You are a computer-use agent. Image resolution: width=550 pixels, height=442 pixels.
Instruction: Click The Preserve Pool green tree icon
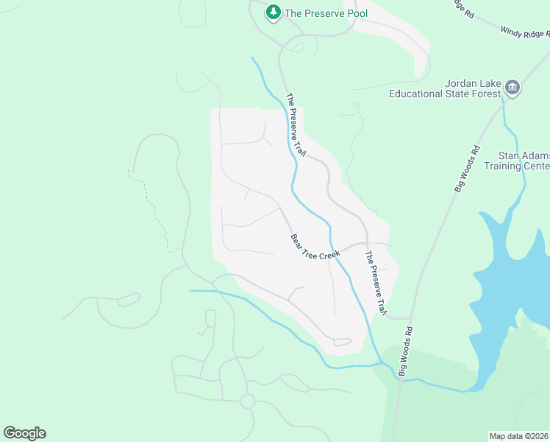[x=274, y=12]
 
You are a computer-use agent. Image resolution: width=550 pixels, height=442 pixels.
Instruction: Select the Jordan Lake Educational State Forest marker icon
[x=512, y=88]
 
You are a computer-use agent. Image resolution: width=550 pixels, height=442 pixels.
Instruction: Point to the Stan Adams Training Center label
[x=524, y=161]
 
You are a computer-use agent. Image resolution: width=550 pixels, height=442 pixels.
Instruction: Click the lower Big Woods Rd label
[x=406, y=352]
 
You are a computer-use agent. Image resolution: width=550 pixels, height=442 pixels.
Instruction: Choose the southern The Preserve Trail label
[x=375, y=284]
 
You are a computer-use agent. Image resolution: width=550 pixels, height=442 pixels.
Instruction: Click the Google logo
[x=24, y=433]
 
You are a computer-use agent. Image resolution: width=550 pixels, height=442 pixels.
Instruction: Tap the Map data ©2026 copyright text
[x=519, y=435]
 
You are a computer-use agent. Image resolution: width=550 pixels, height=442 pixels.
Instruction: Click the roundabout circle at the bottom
[x=247, y=401]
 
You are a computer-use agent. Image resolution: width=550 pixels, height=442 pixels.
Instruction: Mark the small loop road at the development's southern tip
[x=342, y=342]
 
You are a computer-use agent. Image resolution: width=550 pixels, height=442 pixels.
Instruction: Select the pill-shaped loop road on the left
[x=129, y=299]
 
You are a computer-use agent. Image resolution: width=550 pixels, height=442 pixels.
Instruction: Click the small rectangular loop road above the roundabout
[x=210, y=318]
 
